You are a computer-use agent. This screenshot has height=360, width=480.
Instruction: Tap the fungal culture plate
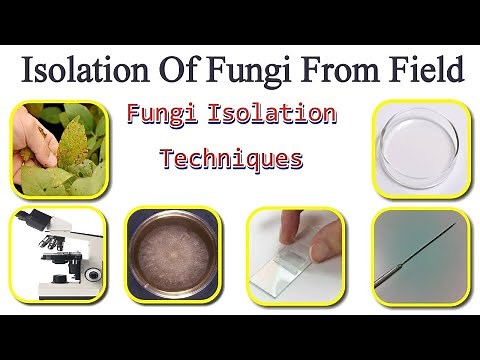pos(171,257)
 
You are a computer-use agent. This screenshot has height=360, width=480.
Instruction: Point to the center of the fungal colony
pos(171,258)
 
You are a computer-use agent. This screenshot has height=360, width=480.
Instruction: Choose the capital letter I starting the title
pos(27,71)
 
